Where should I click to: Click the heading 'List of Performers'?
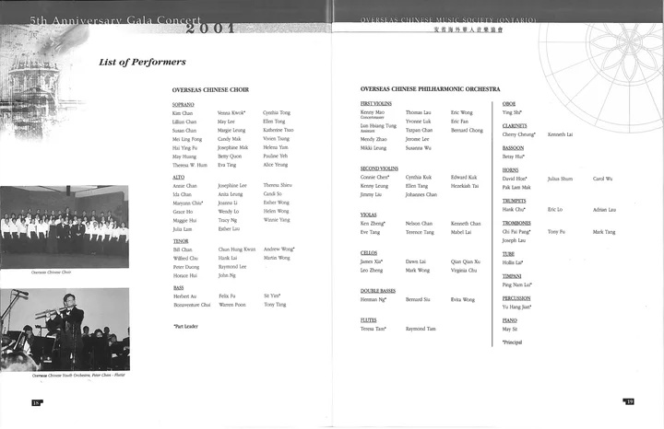point(142,63)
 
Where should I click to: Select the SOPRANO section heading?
point(184,104)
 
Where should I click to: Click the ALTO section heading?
point(179,176)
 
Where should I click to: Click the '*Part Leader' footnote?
point(185,326)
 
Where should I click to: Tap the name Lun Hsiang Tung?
point(378,125)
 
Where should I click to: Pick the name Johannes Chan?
point(421,195)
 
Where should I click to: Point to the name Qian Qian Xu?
point(465,261)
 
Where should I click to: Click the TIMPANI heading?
point(512,275)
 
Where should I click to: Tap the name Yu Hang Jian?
point(518,307)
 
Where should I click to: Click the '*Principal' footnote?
point(513,342)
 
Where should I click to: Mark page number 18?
point(36,402)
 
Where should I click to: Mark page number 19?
point(629,401)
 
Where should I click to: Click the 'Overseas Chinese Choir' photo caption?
point(52,272)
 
